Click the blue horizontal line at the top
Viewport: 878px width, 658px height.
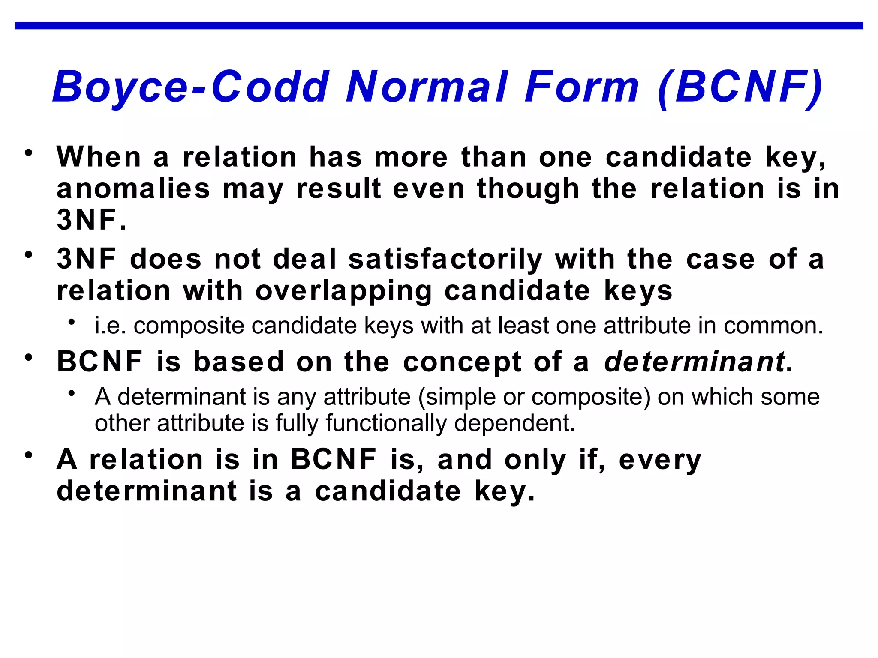(x=439, y=26)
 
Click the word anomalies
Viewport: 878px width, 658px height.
(x=133, y=189)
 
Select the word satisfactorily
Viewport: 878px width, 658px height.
(x=445, y=260)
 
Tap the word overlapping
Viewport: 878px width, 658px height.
(x=343, y=291)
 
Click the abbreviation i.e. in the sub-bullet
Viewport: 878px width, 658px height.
(x=111, y=326)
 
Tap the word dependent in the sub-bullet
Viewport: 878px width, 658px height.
(x=514, y=423)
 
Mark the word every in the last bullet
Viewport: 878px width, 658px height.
(x=660, y=460)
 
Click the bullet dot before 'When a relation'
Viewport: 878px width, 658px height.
(x=29, y=153)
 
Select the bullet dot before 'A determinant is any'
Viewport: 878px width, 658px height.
(x=72, y=393)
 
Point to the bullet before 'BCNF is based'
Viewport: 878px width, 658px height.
(x=29, y=357)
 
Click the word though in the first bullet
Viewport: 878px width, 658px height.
(x=528, y=189)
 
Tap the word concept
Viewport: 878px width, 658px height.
(x=462, y=362)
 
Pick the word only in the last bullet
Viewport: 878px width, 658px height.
(x=535, y=460)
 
